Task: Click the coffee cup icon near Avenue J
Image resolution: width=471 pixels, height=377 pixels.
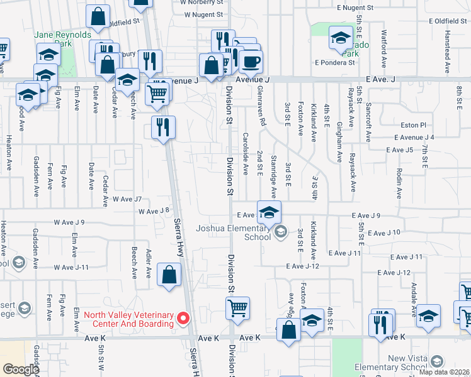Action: [x=251, y=62]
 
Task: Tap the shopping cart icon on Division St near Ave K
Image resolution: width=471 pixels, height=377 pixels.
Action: [x=237, y=309]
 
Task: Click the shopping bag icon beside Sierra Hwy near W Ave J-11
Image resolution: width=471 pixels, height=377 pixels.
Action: [x=169, y=274]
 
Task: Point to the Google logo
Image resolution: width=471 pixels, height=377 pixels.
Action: [x=21, y=369]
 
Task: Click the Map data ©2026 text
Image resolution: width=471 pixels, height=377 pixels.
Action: [x=445, y=371]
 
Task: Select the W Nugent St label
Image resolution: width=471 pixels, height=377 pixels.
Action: [x=201, y=14]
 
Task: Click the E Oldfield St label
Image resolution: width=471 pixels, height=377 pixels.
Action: [x=448, y=21]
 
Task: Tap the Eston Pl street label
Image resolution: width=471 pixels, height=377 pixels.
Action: [x=413, y=126]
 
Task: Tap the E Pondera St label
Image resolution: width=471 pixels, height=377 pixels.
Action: [x=334, y=63]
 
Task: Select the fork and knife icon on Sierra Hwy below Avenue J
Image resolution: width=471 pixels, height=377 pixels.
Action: [x=162, y=128]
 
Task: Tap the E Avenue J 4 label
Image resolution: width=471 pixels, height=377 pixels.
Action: [x=414, y=137]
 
